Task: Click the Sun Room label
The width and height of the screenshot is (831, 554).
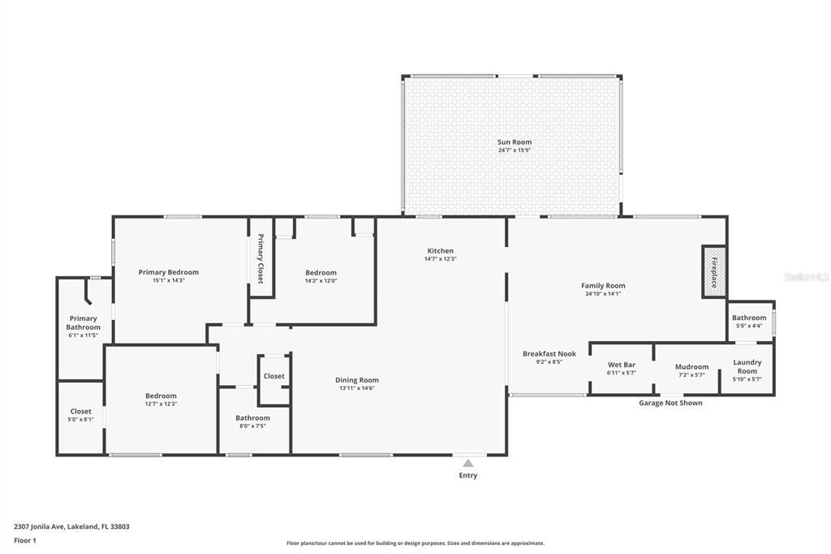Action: point(515,142)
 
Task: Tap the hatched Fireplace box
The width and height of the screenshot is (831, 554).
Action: point(714,272)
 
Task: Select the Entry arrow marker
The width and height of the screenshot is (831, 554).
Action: point(468,463)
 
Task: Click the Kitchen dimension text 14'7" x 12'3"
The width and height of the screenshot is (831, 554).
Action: point(441,259)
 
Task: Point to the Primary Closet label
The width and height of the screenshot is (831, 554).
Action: point(260,258)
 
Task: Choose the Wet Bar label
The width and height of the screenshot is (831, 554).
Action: point(622,365)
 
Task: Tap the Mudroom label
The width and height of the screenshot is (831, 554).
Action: point(691,366)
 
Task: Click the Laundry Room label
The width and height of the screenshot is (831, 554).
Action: point(747,366)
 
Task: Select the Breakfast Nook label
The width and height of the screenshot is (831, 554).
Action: point(549,353)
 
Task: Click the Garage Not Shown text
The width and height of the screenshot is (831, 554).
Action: point(670,403)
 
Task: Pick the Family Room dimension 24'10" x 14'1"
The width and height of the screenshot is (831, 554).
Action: point(603,294)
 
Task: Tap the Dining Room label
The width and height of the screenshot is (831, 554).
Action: point(357,379)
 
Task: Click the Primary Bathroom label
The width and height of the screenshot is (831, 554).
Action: point(83,322)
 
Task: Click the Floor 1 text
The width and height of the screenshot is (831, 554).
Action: point(25,540)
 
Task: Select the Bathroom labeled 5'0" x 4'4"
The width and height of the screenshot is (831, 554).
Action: point(749,318)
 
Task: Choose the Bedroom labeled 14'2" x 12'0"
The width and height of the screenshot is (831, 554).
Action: point(321,273)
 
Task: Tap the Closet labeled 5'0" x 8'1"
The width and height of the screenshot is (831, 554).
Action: point(80,411)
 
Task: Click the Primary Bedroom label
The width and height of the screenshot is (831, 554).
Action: point(169,272)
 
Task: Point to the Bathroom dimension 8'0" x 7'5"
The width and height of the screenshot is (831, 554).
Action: point(252,426)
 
